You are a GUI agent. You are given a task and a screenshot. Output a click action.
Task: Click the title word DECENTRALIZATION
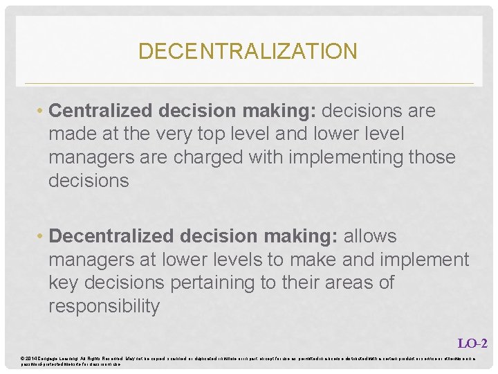(248, 51)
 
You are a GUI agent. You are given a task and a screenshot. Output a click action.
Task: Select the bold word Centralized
(102, 111)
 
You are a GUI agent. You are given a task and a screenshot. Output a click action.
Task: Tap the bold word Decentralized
(113, 236)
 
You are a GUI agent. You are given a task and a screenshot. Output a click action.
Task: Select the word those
(431, 157)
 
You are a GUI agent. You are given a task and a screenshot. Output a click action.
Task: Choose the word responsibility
(104, 306)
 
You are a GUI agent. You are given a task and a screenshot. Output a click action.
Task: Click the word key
(64, 283)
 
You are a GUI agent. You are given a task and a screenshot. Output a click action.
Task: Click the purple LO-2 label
(473, 343)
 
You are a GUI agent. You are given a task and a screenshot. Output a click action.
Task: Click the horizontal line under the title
(249, 84)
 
